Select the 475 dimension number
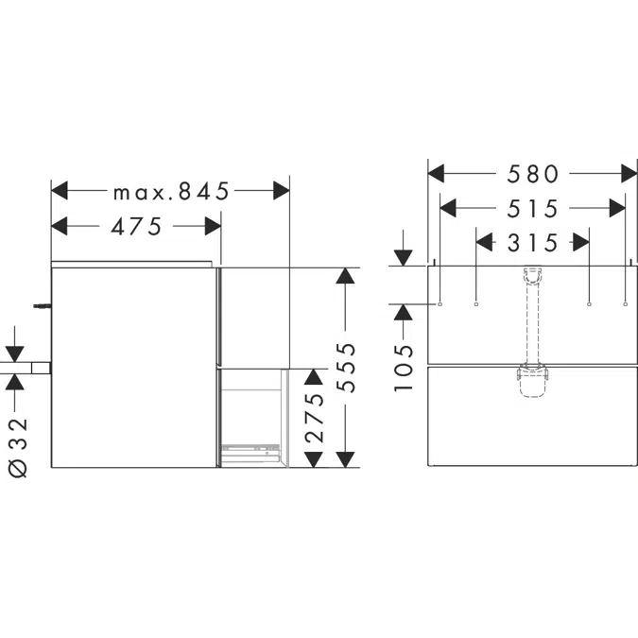137,226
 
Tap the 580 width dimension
533,174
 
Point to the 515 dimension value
533,209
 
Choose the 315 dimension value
533,243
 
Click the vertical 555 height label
346,368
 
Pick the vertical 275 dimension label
314,418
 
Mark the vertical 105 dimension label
404,368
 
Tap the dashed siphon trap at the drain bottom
533,382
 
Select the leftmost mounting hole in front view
440,304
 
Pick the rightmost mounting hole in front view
625,304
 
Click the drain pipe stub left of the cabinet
41,368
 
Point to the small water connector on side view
43,305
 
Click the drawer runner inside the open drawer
250,450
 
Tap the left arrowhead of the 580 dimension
436,174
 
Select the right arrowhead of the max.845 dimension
282,191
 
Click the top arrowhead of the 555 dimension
345,276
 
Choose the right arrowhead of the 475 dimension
213,226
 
